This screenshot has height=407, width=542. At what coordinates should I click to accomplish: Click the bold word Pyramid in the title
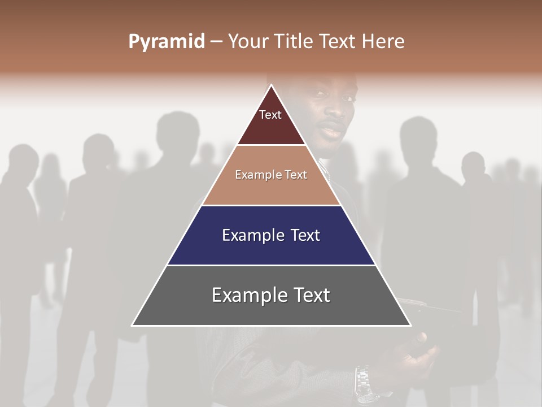pyautogui.click(x=167, y=42)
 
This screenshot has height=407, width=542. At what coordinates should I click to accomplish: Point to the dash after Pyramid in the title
pyautogui.click(x=216, y=42)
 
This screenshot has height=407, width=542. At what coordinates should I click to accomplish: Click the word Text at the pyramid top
pyautogui.click(x=270, y=115)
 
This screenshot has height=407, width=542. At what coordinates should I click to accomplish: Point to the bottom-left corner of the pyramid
pyautogui.click(x=132, y=325)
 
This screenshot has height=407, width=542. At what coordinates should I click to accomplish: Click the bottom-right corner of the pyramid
pyautogui.click(x=410, y=325)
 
